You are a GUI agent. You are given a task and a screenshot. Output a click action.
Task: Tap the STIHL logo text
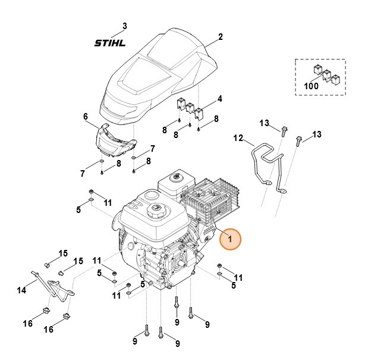(112, 43)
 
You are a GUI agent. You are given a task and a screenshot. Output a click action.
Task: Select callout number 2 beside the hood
(220, 37)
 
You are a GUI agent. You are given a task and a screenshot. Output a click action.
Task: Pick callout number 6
(85, 116)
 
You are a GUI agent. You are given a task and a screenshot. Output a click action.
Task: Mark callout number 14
(22, 290)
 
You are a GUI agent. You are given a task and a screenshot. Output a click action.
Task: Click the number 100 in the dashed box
(310, 86)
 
